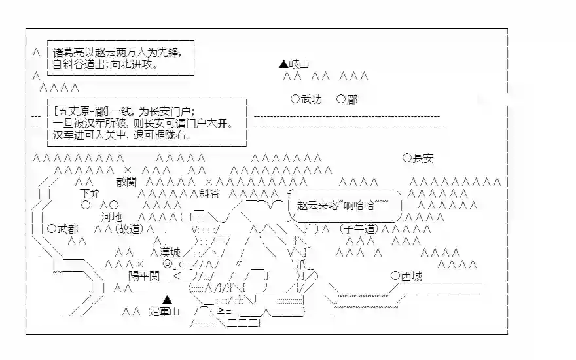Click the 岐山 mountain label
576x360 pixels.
(x=298, y=64)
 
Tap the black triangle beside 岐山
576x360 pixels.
(x=283, y=64)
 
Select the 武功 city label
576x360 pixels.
(x=311, y=99)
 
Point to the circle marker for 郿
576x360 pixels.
(x=340, y=99)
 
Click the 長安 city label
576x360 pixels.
(x=423, y=158)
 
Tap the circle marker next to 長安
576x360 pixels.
(x=407, y=158)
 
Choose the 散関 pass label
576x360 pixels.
(x=127, y=181)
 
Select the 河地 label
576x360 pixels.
(x=111, y=217)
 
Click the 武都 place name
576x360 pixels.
(x=68, y=228)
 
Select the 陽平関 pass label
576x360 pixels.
(x=144, y=276)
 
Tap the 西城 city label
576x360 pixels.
(x=411, y=276)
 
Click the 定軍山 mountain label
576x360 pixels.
(x=164, y=312)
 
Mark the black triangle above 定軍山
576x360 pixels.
(x=168, y=299)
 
